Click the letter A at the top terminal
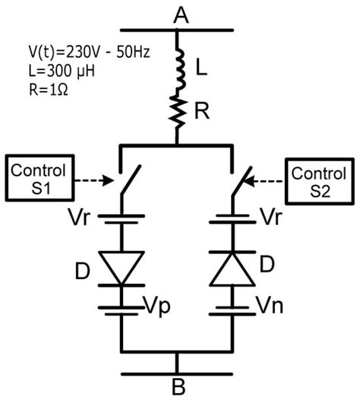pos(180,13)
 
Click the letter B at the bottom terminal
pos(178,388)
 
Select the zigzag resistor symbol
pos(179,113)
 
